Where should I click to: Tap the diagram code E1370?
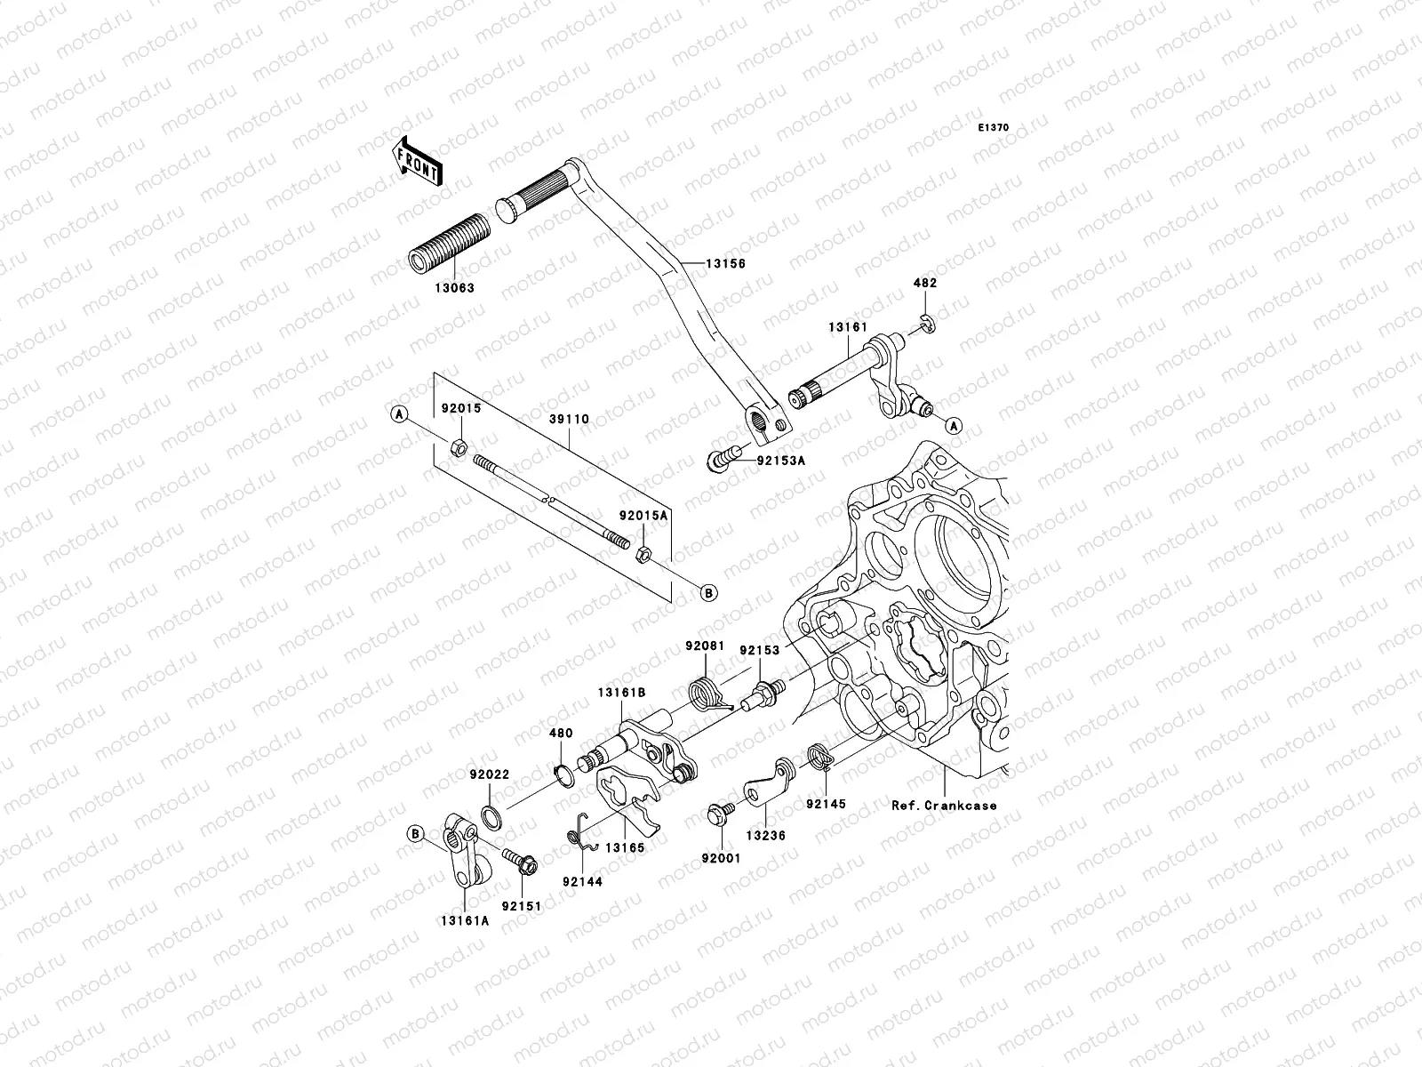coord(994,128)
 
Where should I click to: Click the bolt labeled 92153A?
coord(722,458)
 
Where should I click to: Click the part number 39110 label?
coord(570,418)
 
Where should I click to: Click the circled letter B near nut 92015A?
coord(709,591)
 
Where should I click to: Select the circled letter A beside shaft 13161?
coord(953,426)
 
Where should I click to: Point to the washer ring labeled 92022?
coord(490,814)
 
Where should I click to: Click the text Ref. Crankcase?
coord(944,806)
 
